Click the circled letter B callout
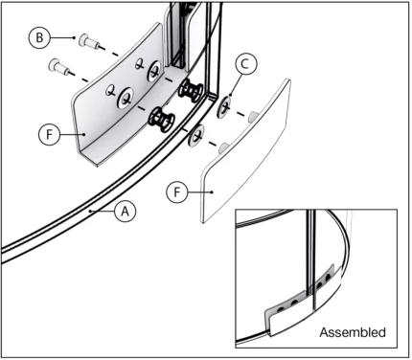click(39, 37)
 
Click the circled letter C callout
click(244, 65)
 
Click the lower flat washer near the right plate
click(197, 135)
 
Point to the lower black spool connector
click(159, 120)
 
